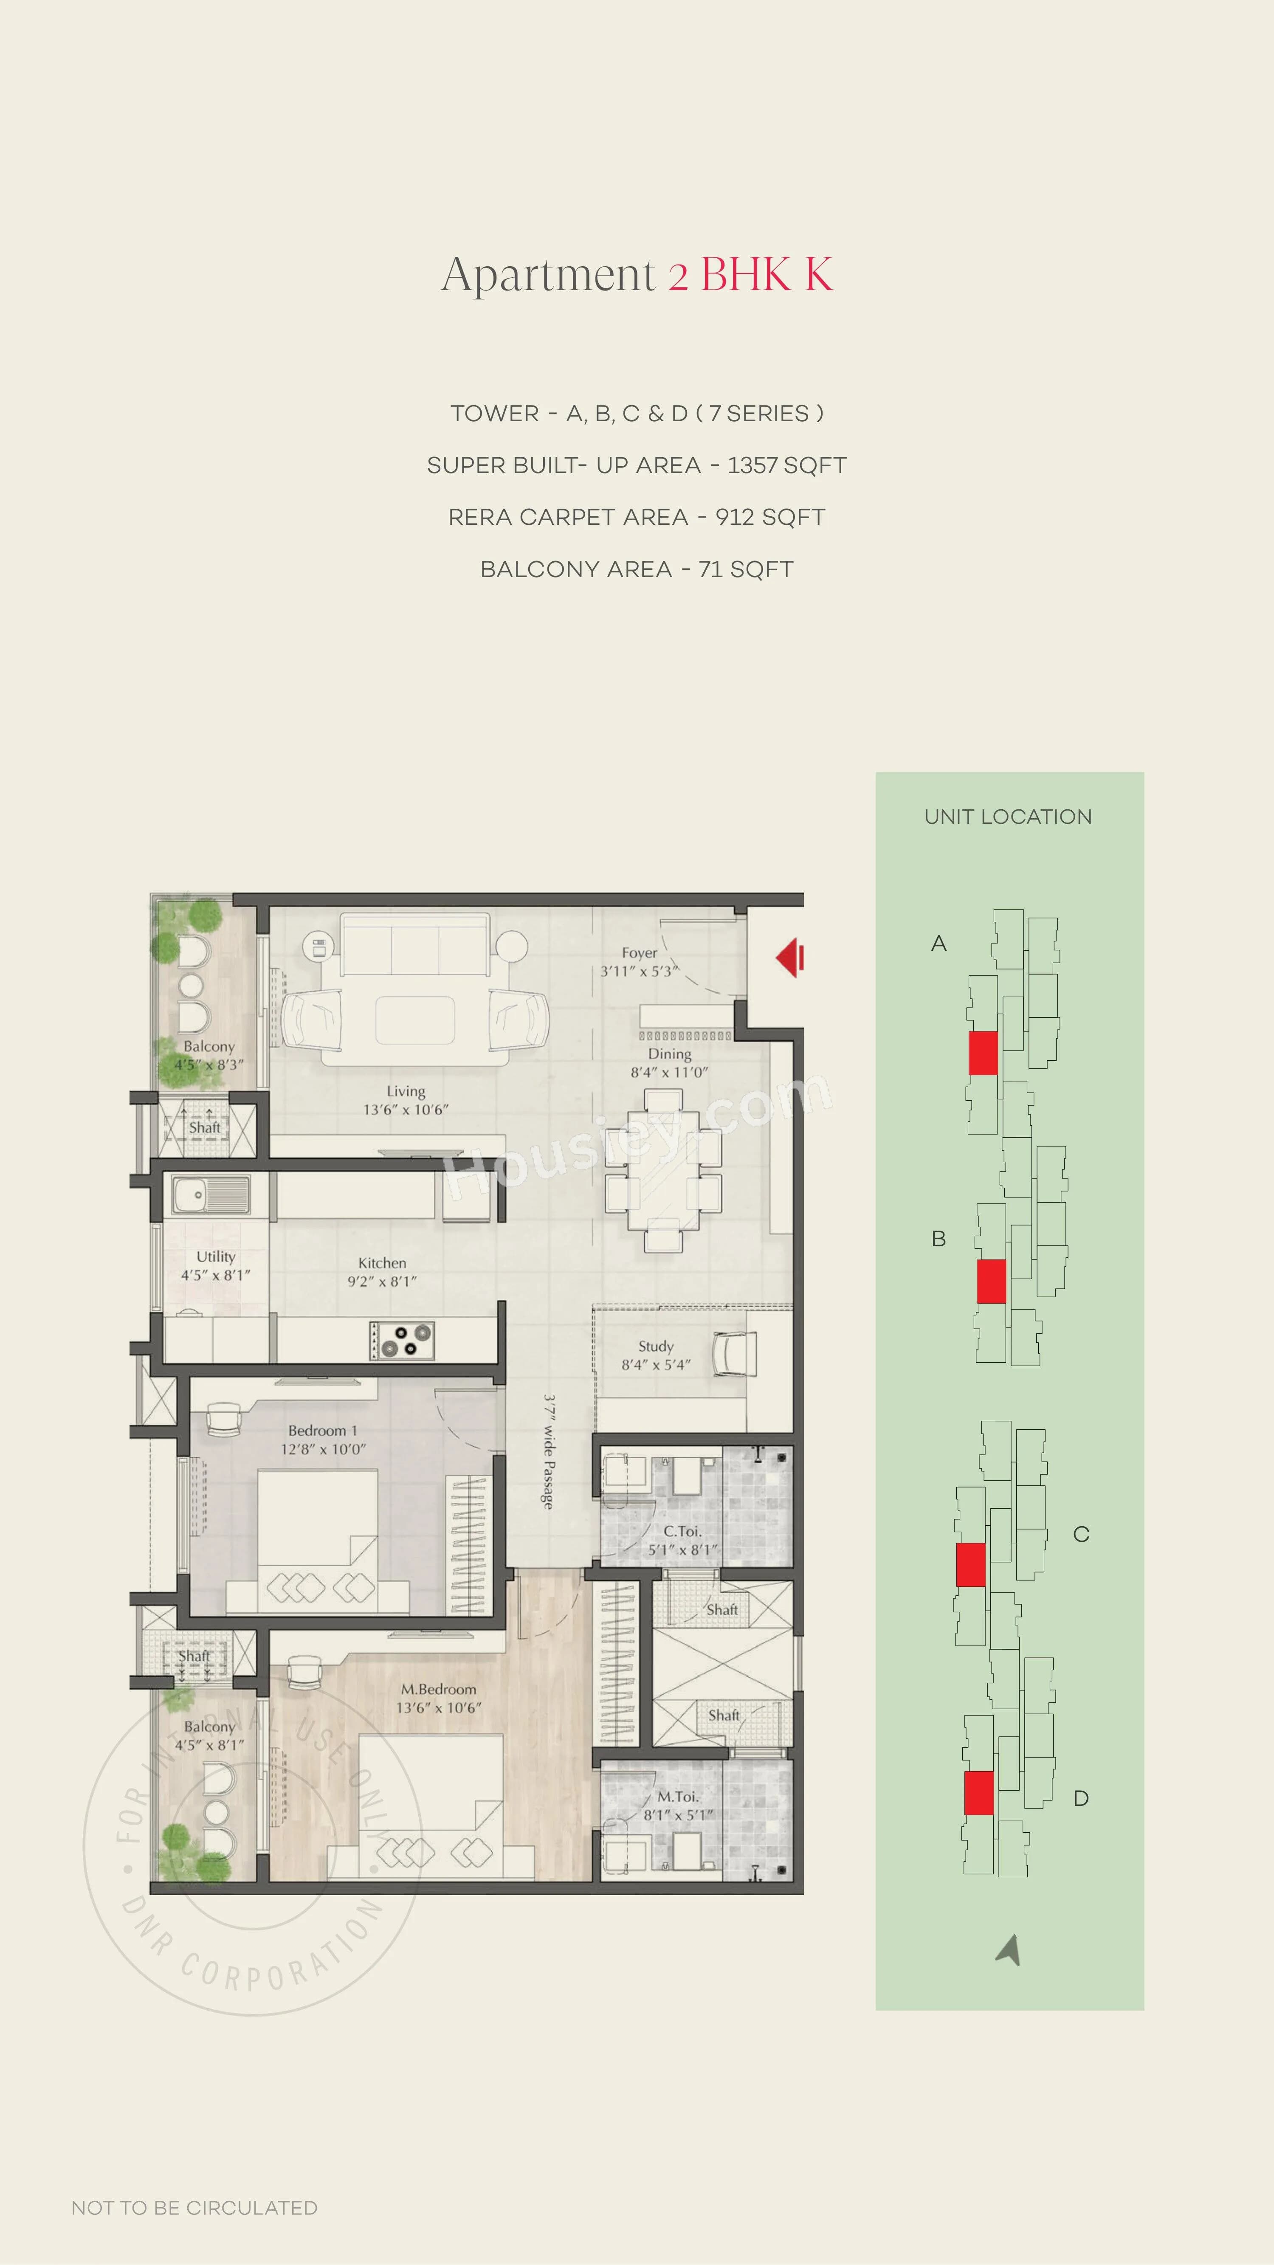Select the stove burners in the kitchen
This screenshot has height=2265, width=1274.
click(x=402, y=1340)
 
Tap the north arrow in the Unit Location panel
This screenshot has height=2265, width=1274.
click(x=1009, y=1949)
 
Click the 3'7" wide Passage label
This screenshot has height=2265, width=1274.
click(x=548, y=1451)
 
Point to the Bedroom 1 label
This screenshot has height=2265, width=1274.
click(x=323, y=1431)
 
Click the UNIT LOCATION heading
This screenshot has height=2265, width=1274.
click(x=1008, y=817)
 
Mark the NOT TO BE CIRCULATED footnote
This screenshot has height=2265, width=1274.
click(x=194, y=2208)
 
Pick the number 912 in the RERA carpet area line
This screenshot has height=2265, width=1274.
click(x=733, y=517)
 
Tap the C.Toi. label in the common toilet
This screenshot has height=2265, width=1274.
click(x=682, y=1531)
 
